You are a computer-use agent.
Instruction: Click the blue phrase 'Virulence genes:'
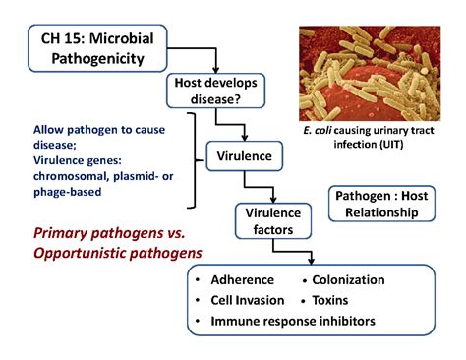[x=79, y=154]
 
